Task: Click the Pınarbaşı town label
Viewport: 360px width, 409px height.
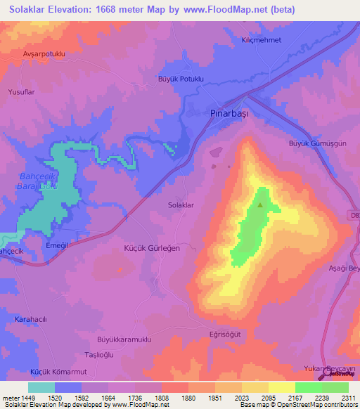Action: point(231,112)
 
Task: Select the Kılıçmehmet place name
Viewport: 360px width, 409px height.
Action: point(261,40)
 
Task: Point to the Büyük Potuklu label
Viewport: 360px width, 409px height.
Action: point(180,79)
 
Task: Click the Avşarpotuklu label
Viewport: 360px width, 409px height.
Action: point(44,54)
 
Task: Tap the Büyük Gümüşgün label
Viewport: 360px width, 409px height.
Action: point(318,143)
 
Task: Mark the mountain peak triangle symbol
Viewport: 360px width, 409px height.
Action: point(261,205)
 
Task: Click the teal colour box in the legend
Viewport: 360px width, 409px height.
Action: point(41,387)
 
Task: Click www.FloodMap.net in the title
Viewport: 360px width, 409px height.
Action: point(219,10)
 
